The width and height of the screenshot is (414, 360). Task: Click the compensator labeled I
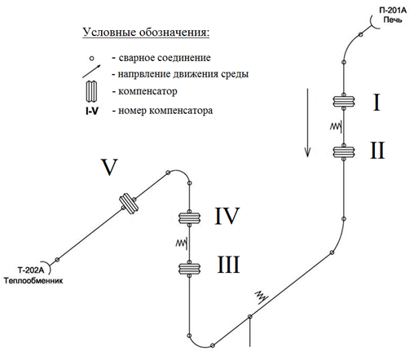click(x=344, y=101)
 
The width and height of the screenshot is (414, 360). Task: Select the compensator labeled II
click(x=344, y=152)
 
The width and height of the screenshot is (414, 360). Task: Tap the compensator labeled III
click(x=189, y=269)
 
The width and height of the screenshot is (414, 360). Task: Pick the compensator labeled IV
click(x=189, y=217)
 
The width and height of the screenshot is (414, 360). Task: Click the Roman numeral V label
click(x=109, y=167)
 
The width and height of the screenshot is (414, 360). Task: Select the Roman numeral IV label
click(x=227, y=216)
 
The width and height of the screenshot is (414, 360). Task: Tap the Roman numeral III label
click(x=228, y=265)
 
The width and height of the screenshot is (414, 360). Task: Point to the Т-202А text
click(x=31, y=270)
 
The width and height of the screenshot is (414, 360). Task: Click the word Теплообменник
click(x=33, y=281)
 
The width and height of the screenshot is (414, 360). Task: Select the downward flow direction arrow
click(x=307, y=122)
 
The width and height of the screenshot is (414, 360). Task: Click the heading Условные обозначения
click(x=146, y=33)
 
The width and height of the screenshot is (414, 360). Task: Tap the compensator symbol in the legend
click(x=91, y=91)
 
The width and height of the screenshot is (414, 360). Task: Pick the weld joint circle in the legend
click(x=92, y=58)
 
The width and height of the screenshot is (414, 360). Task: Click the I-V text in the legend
click(x=92, y=111)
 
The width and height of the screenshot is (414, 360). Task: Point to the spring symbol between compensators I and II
click(x=337, y=126)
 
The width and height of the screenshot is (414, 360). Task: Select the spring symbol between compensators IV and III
click(x=182, y=243)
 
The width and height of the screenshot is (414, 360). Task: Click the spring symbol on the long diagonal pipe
click(x=262, y=296)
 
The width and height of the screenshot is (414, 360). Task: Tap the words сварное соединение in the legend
click(x=165, y=58)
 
